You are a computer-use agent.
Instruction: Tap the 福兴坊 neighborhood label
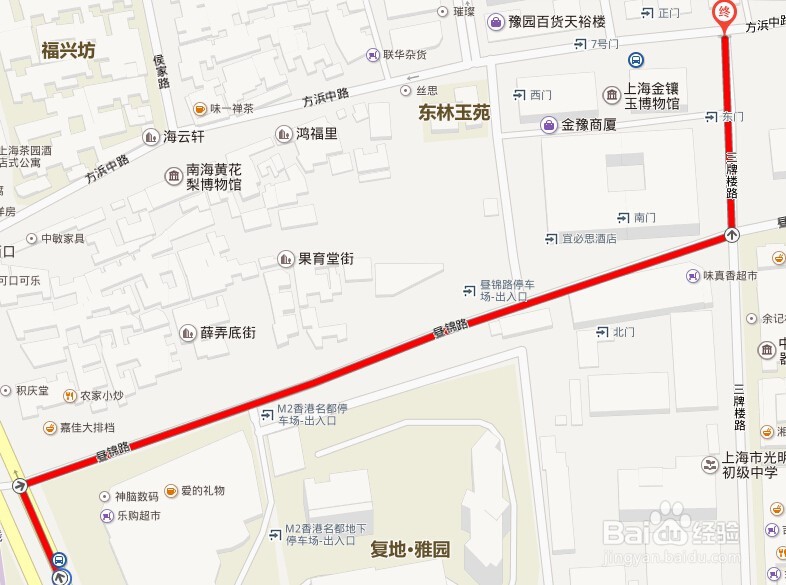point(68,50)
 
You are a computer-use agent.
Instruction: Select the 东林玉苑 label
point(454,113)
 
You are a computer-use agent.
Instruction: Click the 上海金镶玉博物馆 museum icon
point(611,95)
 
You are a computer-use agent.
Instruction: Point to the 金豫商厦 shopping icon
point(549,125)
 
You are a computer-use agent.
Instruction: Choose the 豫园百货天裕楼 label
point(557,21)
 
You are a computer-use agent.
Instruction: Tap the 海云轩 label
point(184,137)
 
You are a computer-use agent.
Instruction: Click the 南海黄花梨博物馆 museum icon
point(174,176)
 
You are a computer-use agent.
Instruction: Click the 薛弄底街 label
point(228,333)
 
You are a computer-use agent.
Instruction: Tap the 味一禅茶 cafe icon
point(201,108)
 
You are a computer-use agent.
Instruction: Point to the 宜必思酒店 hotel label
point(589,239)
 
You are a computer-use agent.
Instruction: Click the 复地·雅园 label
point(410,549)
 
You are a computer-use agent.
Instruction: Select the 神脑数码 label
point(136,496)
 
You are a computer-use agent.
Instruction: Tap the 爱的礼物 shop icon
point(171,491)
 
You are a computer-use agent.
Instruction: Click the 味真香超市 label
point(729,276)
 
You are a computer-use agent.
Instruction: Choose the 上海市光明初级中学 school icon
point(708,464)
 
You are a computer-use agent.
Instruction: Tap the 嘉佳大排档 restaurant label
point(87,428)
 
